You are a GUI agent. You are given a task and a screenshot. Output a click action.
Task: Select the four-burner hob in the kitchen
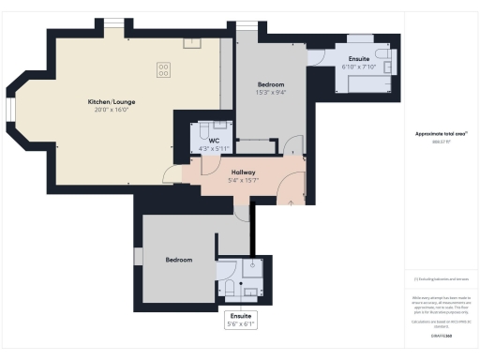(163, 68)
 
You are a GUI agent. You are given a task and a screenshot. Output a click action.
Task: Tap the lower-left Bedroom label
(179, 260)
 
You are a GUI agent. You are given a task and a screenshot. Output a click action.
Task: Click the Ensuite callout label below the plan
(241, 318)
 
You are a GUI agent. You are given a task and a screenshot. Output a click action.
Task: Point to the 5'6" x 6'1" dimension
(241, 325)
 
